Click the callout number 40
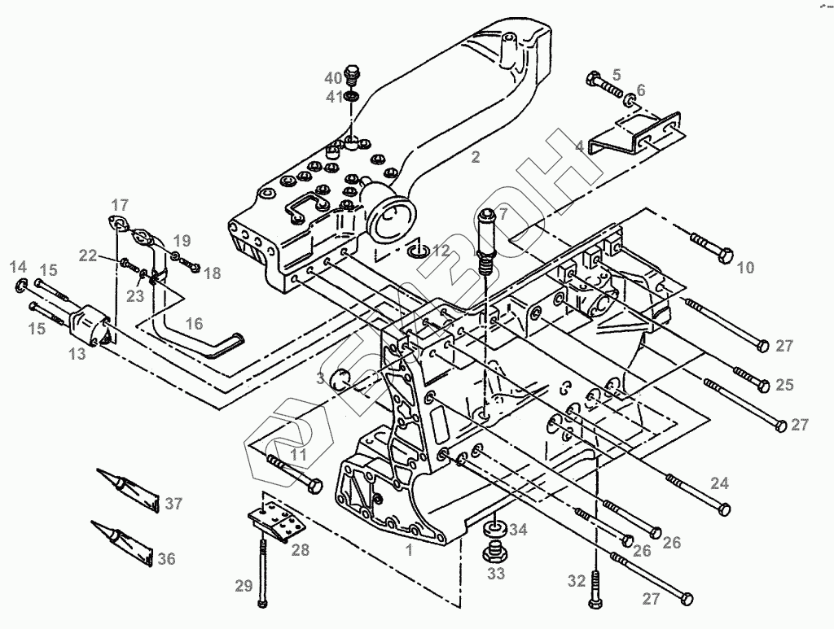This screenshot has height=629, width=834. point(333,78)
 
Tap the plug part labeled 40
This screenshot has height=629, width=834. point(352,75)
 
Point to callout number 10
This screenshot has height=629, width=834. point(746,267)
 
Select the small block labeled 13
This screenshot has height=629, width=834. point(90,325)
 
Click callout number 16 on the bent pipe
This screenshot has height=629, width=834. point(194,323)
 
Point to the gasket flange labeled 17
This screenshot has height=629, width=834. point(120,223)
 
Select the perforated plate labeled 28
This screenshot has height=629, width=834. point(277,521)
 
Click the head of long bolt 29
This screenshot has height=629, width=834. point(261,603)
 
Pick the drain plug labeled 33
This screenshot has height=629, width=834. point(494,552)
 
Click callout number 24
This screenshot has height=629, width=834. point(720,483)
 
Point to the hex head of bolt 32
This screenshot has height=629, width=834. point(595,602)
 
